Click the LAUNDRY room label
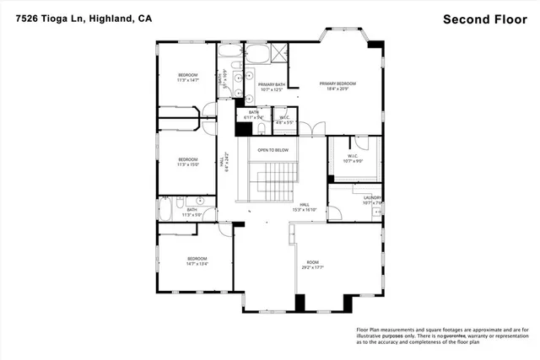pyautogui.click(x=372, y=201)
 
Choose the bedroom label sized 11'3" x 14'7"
pyautogui.click(x=187, y=78)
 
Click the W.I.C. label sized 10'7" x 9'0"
pyautogui.click(x=353, y=159)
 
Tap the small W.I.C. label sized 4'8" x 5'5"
pyautogui.click(x=284, y=120)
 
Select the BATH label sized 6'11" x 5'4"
pyautogui.click(x=253, y=115)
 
